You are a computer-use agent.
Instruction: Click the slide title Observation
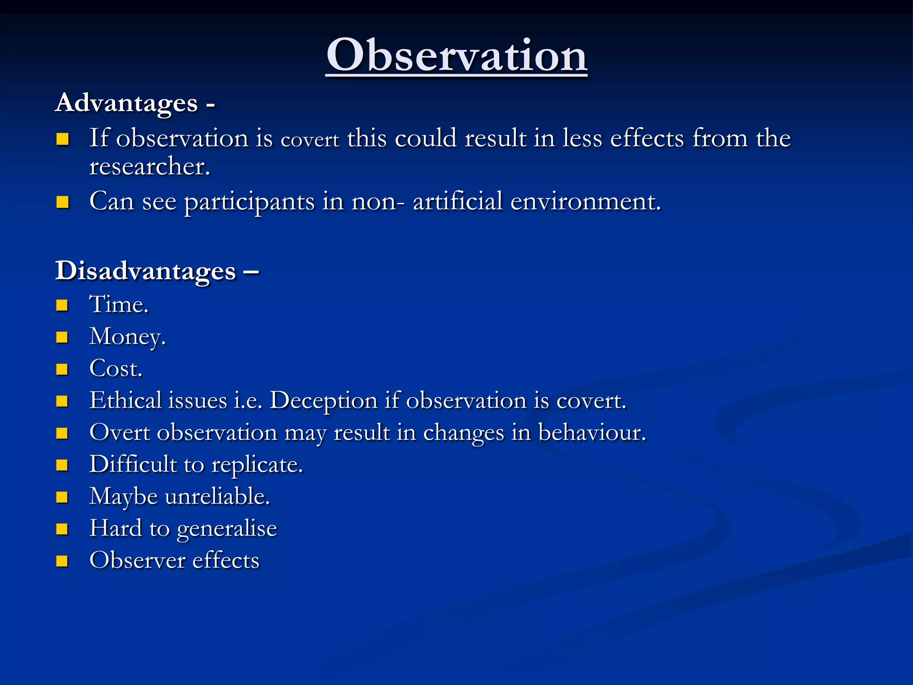(456, 55)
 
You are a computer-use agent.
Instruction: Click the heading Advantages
(127, 103)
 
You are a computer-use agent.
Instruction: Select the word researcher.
(149, 167)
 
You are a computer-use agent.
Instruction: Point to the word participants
(249, 202)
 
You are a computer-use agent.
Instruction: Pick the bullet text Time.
(119, 305)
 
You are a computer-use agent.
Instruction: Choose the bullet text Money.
(127, 337)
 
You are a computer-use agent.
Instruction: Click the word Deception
(324, 401)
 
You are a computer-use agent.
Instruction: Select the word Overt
(119, 433)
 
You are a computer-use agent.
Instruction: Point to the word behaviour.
(592, 433)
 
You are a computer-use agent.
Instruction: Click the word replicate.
(257, 465)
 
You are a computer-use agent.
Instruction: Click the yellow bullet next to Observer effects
(62, 561)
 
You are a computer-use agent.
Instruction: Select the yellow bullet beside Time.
(62, 305)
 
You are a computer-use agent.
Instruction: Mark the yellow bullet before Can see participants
(62, 202)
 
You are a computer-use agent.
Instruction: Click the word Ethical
(125, 400)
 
